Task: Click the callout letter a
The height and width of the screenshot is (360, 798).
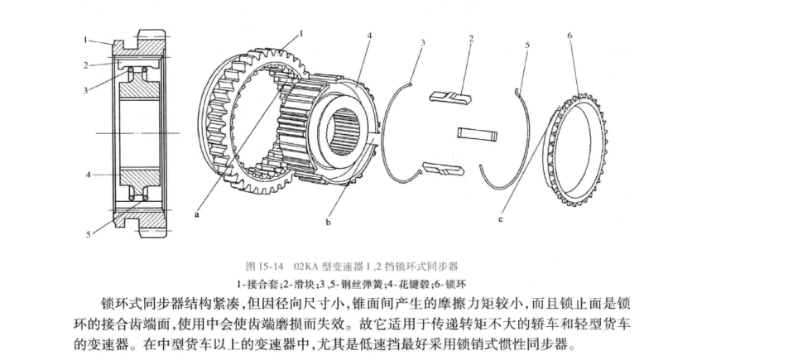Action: pos(198,214)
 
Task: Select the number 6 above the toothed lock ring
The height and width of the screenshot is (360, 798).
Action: pos(570,36)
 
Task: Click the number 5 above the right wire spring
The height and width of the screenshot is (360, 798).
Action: pos(527,44)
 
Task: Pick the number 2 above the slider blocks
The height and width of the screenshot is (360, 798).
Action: pos(471,37)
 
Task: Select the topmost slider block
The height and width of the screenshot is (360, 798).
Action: pos(451,97)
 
